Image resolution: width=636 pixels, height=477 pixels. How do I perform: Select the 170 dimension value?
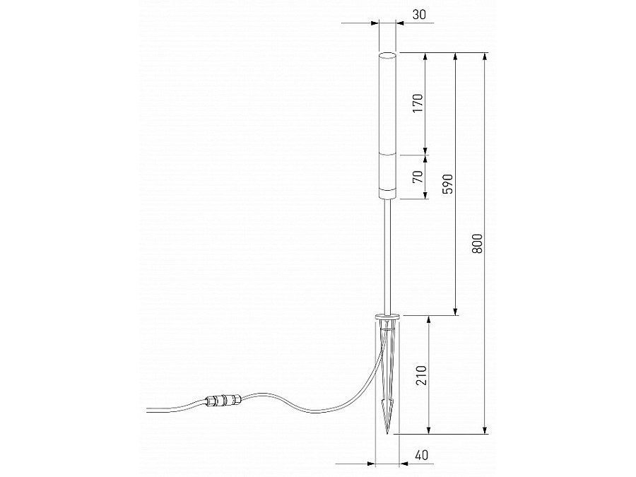coord(417,103)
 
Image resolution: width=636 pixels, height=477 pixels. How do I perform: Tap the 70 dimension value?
coord(417,176)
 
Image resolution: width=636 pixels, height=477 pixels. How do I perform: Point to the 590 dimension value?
coord(447,184)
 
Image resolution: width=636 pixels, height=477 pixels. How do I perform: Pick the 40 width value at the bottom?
coord(422,456)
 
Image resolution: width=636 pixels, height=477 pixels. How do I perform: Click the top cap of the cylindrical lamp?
coord(387,54)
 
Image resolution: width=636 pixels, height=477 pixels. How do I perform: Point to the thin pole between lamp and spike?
coord(387,254)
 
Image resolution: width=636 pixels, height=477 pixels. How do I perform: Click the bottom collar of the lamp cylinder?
coord(387,193)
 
